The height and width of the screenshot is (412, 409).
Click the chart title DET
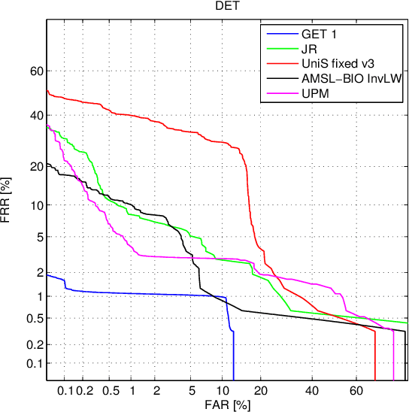coord(226,7)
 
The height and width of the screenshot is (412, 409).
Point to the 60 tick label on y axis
coord(33,71)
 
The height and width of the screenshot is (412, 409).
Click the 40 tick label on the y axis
coord(33,116)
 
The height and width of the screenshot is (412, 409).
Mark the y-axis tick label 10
coord(33,205)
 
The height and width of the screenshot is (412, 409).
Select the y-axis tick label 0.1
coord(30,364)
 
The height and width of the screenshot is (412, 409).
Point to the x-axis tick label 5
coord(193,392)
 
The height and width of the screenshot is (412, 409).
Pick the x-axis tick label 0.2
coord(84,392)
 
